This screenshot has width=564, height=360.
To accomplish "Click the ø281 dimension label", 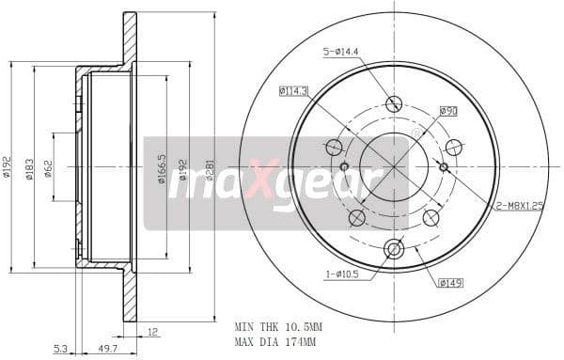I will pyautogui.click(x=210, y=169).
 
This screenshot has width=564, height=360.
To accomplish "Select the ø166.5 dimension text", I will pyautogui.click(x=162, y=169).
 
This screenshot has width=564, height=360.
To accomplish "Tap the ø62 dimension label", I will pyautogui.click(x=47, y=169).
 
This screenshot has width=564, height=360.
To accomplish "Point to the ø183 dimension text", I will pyautogui.click(x=28, y=168).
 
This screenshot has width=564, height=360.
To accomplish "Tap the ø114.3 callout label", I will pyautogui.click(x=294, y=91).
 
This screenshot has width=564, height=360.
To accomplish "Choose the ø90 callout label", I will pyautogui.click(x=448, y=111).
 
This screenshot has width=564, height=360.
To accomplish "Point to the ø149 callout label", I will pyautogui.click(x=449, y=280).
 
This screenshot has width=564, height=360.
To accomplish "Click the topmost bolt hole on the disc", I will pyautogui.click(x=394, y=103).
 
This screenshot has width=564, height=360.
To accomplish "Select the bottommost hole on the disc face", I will pyautogui.click(x=394, y=249).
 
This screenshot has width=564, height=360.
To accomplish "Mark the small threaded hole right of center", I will pyautogui.click(x=444, y=167).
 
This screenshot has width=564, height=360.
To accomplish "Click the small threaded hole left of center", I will pyautogui.click(x=344, y=167).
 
